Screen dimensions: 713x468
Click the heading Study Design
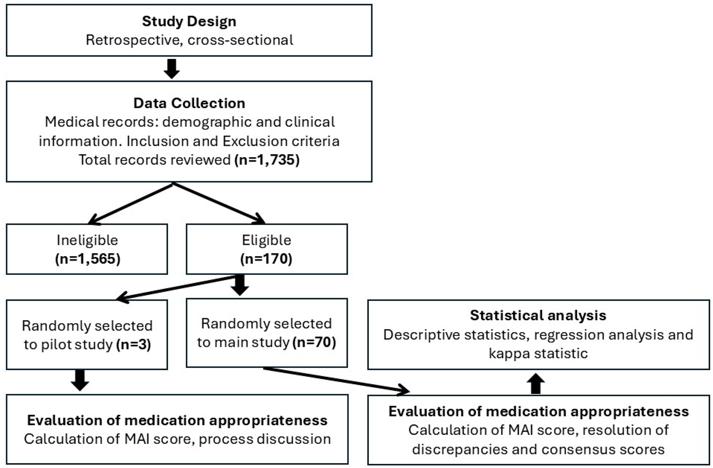[189, 21]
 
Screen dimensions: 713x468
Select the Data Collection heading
[189, 103]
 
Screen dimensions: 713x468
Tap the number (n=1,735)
[267, 160]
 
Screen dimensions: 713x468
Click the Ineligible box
[87, 249]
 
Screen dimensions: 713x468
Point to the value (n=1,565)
[88, 259]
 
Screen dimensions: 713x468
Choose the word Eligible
[266, 240]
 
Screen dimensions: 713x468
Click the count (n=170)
[266, 259]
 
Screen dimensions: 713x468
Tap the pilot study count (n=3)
[134, 345]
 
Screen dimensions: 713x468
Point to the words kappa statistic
[538, 353]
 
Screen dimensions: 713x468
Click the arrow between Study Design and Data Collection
[172, 69]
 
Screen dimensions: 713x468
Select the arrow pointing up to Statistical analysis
[536, 383]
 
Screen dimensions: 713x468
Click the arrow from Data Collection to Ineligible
[130, 204]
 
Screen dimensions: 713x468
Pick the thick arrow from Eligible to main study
[240, 285]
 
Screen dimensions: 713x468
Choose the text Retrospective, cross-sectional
[189, 40]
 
